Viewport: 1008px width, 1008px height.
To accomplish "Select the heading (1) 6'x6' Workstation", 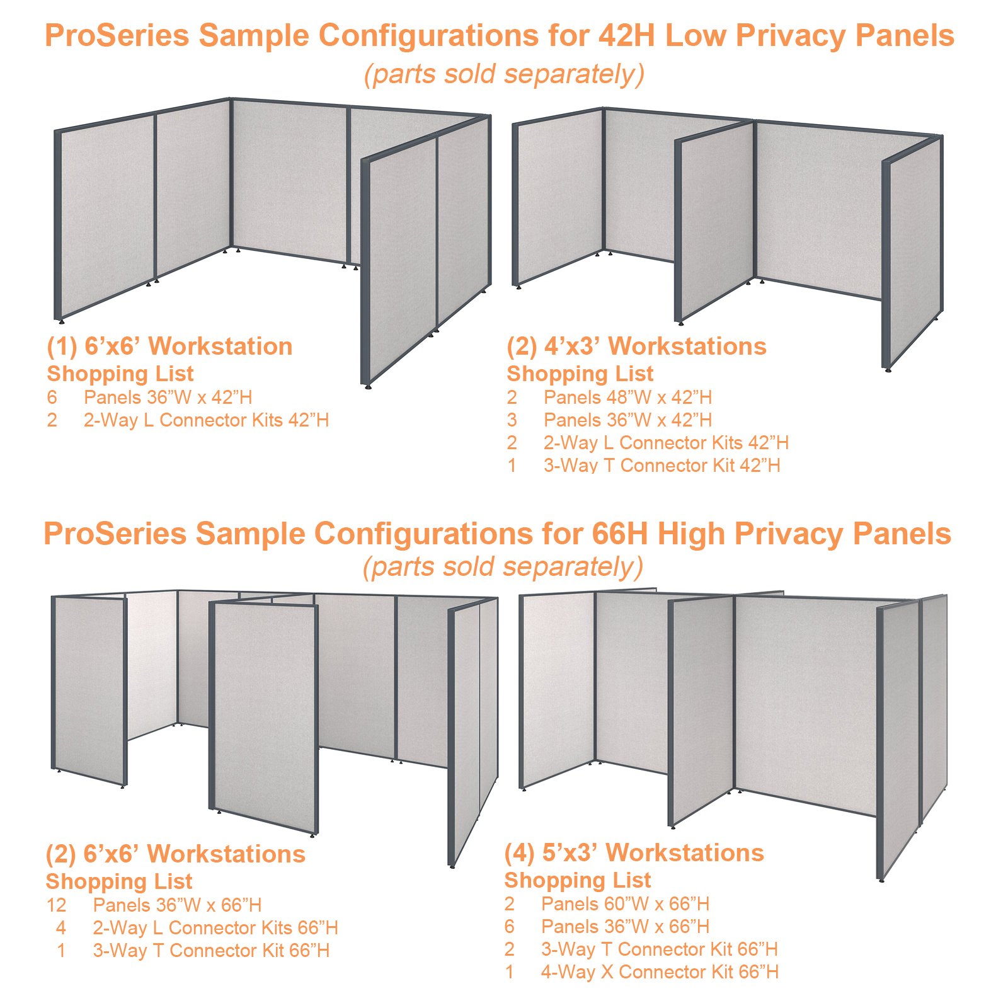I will click(169, 346).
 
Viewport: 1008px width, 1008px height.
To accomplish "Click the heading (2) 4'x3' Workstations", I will click(636, 346).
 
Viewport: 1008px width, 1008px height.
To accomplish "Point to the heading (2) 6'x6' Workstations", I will click(175, 854).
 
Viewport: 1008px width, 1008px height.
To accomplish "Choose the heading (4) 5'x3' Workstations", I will click(634, 853).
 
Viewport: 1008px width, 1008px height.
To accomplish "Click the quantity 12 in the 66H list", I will click(56, 905).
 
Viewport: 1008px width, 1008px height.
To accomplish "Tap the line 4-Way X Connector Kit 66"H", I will click(660, 972).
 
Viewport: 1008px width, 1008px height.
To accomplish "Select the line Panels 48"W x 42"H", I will click(627, 398).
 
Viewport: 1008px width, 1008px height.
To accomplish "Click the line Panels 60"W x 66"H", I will click(625, 904).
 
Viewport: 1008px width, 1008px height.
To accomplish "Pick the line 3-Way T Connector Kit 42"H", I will click(661, 466).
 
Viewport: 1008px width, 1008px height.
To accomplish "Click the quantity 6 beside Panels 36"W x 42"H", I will click(52, 398).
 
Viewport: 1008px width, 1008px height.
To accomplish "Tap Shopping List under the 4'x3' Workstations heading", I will click(580, 374).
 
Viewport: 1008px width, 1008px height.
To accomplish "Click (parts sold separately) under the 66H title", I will click(503, 567).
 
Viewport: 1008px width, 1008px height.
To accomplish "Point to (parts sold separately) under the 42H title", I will click(504, 74).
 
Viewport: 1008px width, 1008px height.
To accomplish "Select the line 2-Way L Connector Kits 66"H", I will click(215, 928).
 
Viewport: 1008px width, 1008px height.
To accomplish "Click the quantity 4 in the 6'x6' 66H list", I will click(60, 928).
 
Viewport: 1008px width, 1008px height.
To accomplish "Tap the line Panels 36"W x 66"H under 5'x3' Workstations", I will click(625, 927).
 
